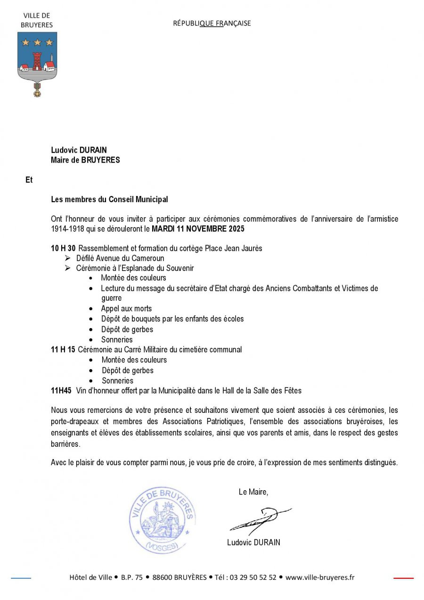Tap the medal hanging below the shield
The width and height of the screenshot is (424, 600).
coord(37,90)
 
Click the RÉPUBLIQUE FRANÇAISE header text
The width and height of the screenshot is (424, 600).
coord(212,23)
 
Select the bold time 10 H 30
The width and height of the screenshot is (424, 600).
coord(63,248)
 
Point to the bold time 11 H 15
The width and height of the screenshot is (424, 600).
coord(63,350)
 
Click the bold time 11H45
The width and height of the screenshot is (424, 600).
coord(61,390)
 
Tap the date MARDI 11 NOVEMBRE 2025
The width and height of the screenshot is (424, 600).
coord(198,229)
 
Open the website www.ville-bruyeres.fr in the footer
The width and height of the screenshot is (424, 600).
coord(320,577)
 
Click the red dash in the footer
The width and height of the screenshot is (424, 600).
coord(403,578)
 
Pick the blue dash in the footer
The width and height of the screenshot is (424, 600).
coord(21,578)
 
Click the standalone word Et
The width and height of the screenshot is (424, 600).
coord(29,180)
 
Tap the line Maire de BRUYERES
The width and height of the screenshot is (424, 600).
coord(85,160)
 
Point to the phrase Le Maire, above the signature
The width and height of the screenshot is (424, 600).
coord(253,492)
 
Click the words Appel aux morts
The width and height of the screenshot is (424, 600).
coord(126,309)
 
